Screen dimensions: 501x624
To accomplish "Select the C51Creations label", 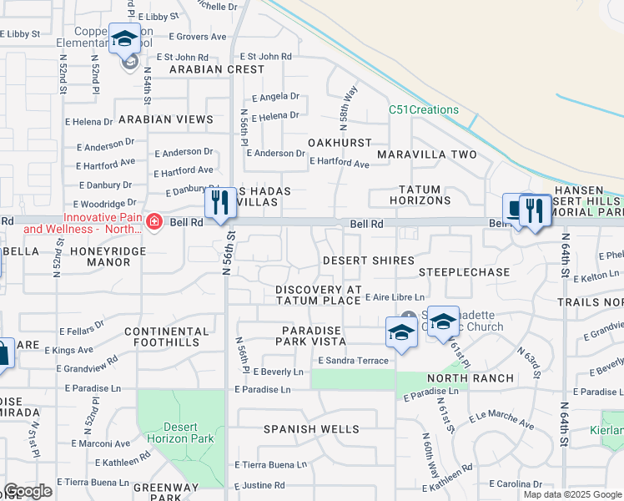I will tap(424, 110).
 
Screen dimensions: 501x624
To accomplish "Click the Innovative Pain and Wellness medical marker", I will tap(153, 221).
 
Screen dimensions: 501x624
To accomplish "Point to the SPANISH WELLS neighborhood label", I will tap(311, 429).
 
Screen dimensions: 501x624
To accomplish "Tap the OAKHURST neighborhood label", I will tap(340, 143).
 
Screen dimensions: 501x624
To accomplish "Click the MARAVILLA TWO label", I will tap(426, 154).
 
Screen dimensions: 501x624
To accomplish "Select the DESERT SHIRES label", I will tap(368, 261).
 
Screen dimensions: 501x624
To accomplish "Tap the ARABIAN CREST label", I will tap(216, 69).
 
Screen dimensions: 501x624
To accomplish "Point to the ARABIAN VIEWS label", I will tap(166, 119).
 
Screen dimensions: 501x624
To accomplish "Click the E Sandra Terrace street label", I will tap(353, 360).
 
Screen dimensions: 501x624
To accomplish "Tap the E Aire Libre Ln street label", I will tap(395, 297).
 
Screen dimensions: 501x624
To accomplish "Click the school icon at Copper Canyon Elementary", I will tap(124, 39).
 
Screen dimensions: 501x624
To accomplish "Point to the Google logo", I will tap(28, 491).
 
